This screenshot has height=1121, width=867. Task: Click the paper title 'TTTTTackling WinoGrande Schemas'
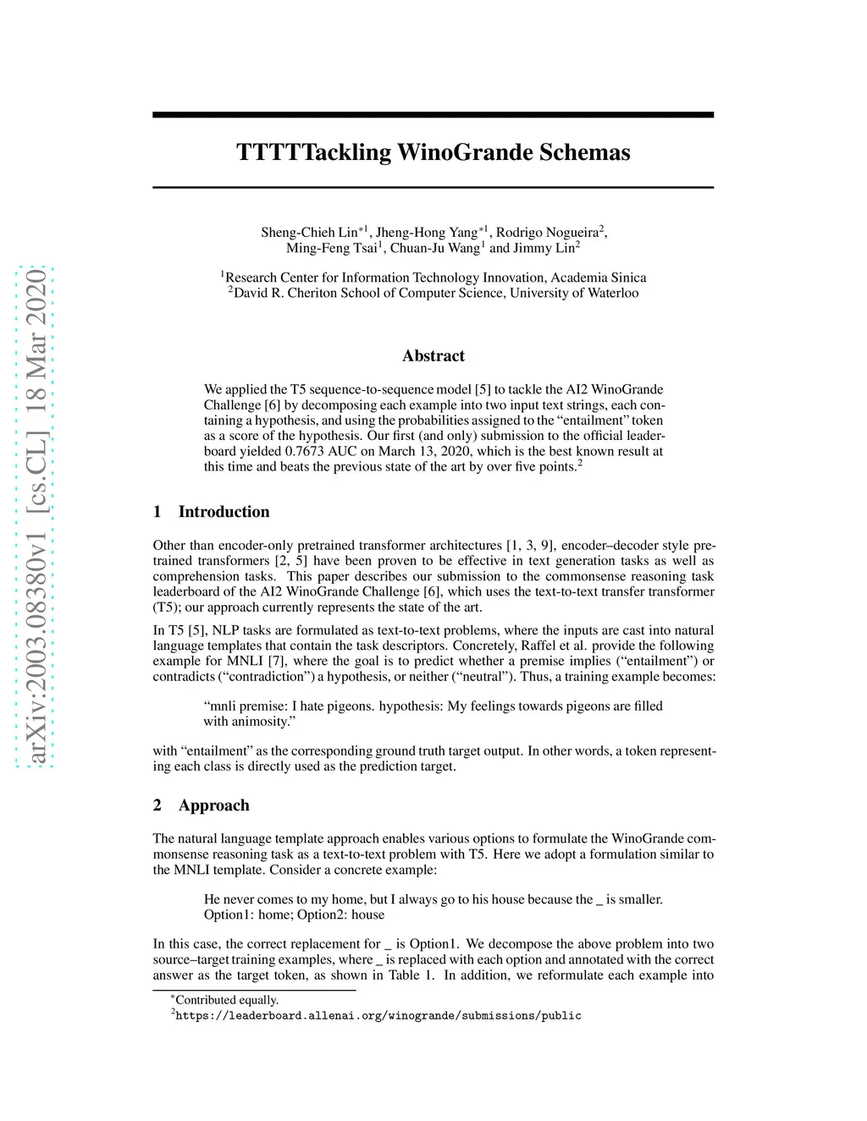coord(433,152)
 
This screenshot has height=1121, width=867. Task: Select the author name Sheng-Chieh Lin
coord(308,233)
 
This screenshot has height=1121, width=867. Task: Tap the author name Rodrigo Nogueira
coord(546,233)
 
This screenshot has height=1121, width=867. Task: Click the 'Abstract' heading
coord(433,355)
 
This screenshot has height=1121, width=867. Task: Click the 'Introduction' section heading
coord(224,512)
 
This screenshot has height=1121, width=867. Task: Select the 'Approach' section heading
coord(213,805)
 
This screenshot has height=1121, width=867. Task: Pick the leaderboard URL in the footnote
coord(378,1015)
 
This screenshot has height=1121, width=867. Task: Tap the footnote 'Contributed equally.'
coord(226,1000)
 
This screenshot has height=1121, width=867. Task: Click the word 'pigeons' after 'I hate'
coord(350,706)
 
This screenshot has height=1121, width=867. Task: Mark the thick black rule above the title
coord(433,114)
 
